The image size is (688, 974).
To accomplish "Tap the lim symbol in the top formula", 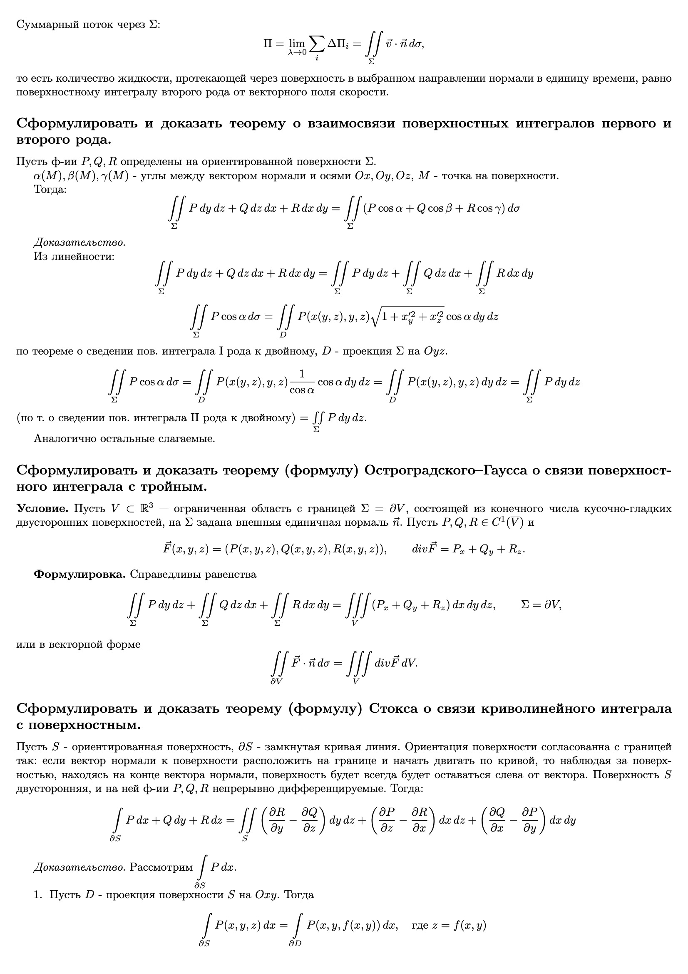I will (x=297, y=44).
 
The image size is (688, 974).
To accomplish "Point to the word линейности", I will (x=87, y=257).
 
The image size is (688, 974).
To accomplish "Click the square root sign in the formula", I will (x=375, y=317).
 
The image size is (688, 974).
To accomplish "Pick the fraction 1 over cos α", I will (x=302, y=382).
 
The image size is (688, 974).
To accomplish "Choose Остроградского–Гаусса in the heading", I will (x=445, y=470).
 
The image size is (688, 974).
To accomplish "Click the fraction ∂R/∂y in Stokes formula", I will (x=277, y=820).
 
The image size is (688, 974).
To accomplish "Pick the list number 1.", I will (x=37, y=895).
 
